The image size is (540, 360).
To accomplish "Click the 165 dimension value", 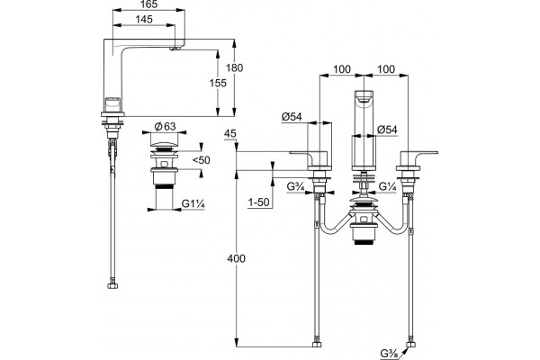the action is tap(149, 4).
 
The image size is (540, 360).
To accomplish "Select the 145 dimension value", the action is tap(144, 19).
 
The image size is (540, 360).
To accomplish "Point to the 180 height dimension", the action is tap(235, 67).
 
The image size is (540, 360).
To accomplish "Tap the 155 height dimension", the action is tap(219, 83).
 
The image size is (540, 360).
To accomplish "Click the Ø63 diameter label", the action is tap(165, 127).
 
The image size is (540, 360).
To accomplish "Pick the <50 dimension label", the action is tap(201, 160).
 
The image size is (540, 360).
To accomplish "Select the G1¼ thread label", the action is tap(193, 204).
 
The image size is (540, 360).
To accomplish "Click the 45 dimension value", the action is tap(230, 133).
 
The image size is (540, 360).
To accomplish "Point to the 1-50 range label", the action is tap(258, 202).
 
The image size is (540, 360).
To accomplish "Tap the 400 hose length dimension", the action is tap(236, 258).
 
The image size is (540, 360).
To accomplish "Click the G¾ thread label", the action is tap(296, 186).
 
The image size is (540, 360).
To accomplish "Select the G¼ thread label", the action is tap(388, 186).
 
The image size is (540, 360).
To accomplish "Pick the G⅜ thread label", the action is tap(389, 354).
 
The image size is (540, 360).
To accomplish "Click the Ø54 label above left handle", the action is tap(292, 117).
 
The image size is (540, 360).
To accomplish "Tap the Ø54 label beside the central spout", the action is tap(387, 130).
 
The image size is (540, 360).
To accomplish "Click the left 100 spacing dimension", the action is tap(342, 69).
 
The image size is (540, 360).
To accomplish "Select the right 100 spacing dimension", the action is tap(386, 69).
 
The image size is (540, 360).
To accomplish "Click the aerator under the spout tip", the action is tap(175, 49).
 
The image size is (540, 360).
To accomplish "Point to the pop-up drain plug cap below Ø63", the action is tap(165, 144).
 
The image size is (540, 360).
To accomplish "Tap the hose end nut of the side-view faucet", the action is tap(113, 286).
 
